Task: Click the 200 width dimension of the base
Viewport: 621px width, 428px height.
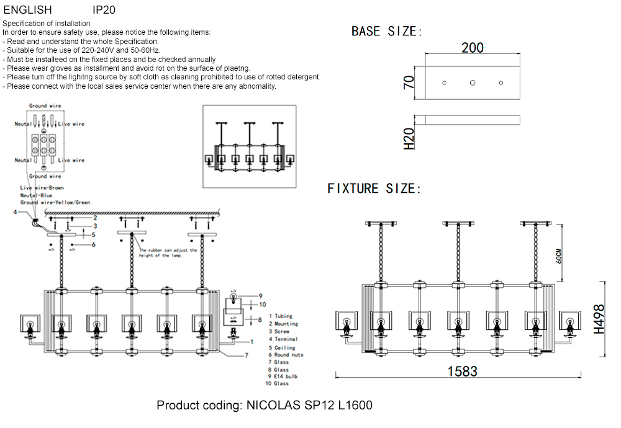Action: (473, 48)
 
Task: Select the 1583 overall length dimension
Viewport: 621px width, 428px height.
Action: (462, 371)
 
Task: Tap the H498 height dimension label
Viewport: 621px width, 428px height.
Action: (599, 319)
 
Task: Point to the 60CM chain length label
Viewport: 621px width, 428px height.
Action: (559, 256)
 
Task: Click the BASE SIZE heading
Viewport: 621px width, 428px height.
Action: (386, 32)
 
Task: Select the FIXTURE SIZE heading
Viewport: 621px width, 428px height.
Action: (374, 189)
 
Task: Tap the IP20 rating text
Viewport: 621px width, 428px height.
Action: (104, 11)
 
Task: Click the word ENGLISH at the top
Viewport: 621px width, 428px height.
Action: (27, 11)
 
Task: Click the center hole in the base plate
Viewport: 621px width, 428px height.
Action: (473, 82)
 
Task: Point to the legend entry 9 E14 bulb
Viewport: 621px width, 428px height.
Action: (286, 377)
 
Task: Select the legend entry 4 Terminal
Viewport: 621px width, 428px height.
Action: (284, 339)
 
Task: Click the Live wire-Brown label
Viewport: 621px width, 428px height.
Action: (42, 187)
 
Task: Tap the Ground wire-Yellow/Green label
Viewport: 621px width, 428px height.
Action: (55, 202)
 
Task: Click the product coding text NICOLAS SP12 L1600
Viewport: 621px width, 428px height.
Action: (265, 406)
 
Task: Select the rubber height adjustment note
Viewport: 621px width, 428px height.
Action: (168, 253)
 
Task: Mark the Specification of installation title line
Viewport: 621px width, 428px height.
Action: (47, 24)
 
